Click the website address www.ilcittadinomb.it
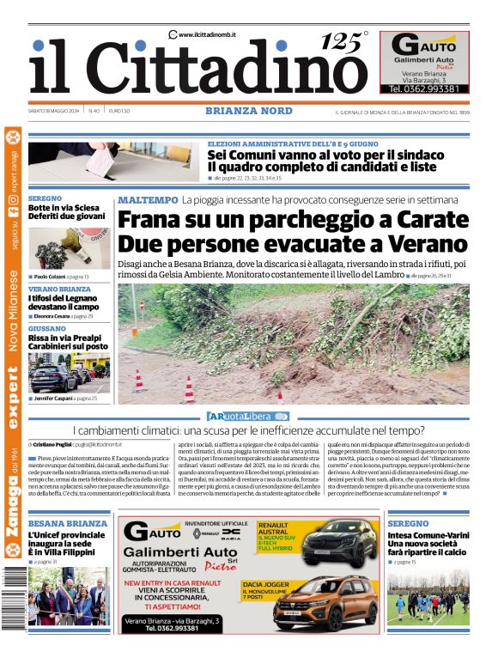[207, 34]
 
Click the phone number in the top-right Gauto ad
[424, 88]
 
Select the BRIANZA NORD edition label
[244, 111]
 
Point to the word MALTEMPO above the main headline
[148, 200]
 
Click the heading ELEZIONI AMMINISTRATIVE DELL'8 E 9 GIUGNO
[292, 143]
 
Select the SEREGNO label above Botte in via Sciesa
[45, 198]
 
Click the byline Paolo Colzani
[49, 277]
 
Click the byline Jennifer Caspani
[53, 399]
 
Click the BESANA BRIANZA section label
[68, 523]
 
